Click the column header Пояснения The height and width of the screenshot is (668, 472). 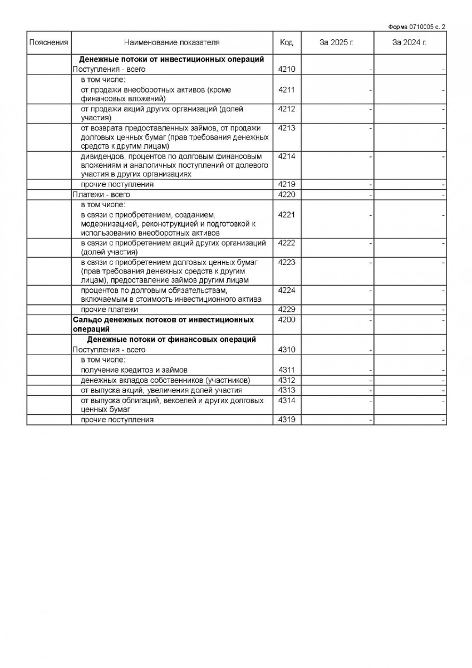coord(49,42)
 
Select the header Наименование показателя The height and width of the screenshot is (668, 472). coord(172,42)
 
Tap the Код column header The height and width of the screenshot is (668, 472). coord(286,42)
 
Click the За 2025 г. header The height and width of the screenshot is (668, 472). coord(337,42)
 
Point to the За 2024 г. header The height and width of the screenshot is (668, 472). coord(409,42)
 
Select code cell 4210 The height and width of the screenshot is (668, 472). coord(286,69)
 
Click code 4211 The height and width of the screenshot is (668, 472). coord(286,90)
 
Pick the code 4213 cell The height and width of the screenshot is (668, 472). coord(286,127)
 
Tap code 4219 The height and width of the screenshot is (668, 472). coord(286,184)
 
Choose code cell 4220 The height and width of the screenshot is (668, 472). coord(286,195)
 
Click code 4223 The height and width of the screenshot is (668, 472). coord(286,262)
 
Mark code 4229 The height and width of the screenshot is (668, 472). coord(286,310)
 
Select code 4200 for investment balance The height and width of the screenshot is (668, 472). coord(286,320)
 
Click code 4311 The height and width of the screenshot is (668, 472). coord(286,370)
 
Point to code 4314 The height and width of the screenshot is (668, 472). coord(286,400)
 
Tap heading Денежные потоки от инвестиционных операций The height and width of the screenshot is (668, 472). coord(171,59)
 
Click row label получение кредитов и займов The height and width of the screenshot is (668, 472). coord(134,370)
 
